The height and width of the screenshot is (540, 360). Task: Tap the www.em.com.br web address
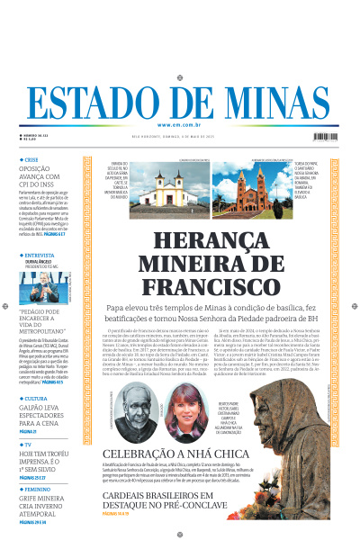coord(179,124)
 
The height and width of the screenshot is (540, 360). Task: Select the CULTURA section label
coord(38,398)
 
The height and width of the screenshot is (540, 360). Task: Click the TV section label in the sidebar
coord(29,445)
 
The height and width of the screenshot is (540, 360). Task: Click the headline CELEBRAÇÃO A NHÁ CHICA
coord(174,454)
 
